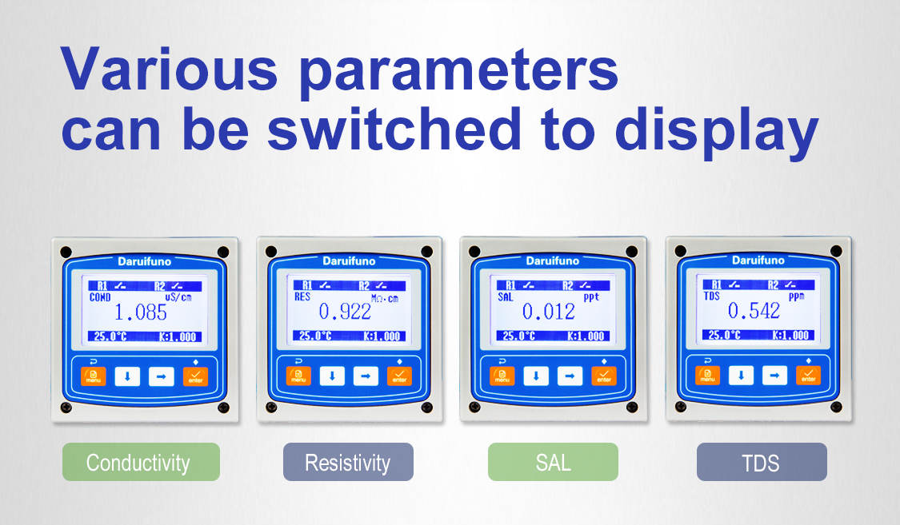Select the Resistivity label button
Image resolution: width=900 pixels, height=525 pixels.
coord(348,462)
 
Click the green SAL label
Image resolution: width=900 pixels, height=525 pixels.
coord(553,462)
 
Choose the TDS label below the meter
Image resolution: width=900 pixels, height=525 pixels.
coord(761,462)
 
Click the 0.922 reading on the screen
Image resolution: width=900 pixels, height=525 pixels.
coord(345,312)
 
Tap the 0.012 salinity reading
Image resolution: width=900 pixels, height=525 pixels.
coord(549,312)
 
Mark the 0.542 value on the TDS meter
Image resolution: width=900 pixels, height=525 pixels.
coord(754,311)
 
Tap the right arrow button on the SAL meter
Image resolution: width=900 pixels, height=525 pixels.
coord(570,376)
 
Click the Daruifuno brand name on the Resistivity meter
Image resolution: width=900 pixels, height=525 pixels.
coord(349,261)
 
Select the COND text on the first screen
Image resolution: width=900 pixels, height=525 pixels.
coord(100,296)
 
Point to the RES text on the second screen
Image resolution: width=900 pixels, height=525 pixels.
coord(302,296)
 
